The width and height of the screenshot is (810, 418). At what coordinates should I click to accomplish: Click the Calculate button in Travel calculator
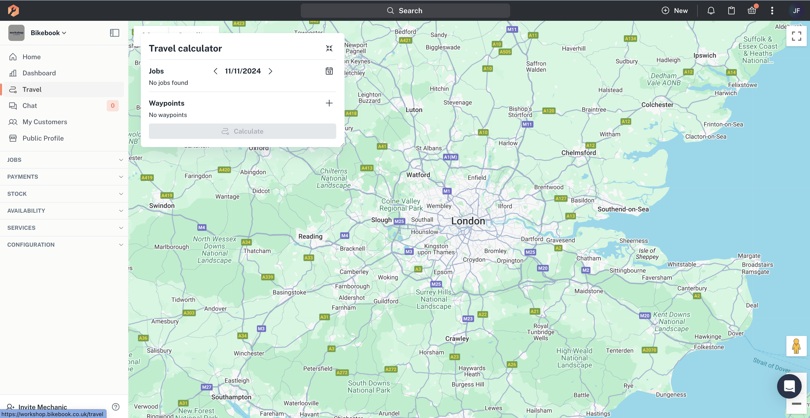(x=242, y=131)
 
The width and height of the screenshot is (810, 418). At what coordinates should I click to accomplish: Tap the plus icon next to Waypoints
(x=329, y=103)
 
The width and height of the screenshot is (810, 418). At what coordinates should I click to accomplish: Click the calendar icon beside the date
(x=329, y=71)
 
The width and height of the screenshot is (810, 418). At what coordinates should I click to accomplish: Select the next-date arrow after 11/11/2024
(x=270, y=71)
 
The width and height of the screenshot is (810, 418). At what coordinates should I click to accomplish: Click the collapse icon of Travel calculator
(x=329, y=48)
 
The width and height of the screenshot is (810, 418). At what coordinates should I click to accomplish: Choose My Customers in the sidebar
(x=45, y=122)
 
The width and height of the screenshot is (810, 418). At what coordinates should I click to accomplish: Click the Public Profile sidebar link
(x=43, y=138)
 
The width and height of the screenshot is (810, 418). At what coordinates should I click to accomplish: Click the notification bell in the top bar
(x=711, y=11)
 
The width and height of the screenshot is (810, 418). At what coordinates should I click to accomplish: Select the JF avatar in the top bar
(x=796, y=11)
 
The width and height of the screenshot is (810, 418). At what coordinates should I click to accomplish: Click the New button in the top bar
(x=675, y=11)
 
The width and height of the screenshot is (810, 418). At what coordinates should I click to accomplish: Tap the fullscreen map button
(x=796, y=36)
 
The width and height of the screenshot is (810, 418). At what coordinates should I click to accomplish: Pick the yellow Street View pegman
(x=796, y=346)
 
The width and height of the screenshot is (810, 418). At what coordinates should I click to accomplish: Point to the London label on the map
(x=468, y=221)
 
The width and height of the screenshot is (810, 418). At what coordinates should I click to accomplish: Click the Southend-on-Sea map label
(x=623, y=209)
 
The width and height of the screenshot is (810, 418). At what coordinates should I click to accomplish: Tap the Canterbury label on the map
(x=692, y=288)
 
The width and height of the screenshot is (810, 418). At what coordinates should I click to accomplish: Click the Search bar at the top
(x=405, y=11)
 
